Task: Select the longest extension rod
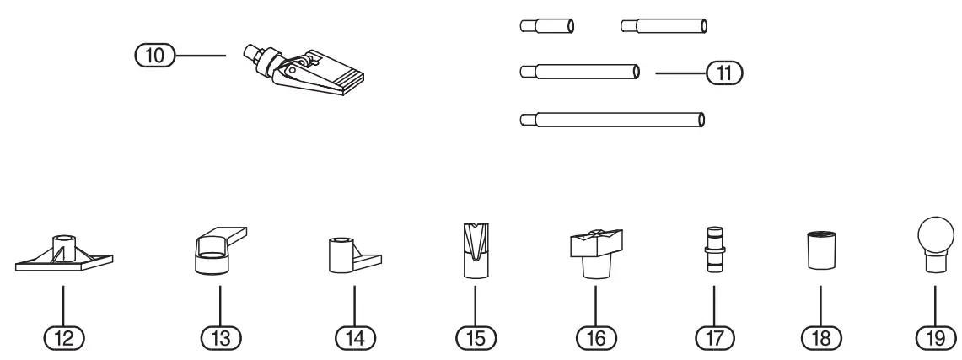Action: (613, 120)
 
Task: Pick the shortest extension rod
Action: (548, 26)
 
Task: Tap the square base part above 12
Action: (64, 256)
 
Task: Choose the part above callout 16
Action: (595, 253)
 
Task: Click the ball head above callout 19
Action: (934, 240)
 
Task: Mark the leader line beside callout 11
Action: (680, 73)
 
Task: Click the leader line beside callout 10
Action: (201, 56)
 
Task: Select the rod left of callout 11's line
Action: (582, 73)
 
